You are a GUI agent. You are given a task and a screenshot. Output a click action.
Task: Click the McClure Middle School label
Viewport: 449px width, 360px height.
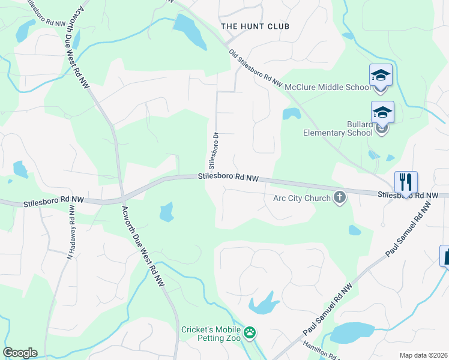[x=327, y=87]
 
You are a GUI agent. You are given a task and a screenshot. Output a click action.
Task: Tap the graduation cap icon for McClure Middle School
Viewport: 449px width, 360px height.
[x=381, y=76]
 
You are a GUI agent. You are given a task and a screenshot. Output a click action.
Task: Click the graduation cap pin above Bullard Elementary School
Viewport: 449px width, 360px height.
[x=382, y=113]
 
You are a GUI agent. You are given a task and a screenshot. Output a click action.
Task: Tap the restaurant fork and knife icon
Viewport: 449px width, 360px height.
[x=406, y=182]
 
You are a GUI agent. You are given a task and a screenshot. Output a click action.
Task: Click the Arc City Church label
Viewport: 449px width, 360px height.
[x=301, y=199]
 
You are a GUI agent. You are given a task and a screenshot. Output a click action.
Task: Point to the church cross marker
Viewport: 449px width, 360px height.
[x=340, y=197]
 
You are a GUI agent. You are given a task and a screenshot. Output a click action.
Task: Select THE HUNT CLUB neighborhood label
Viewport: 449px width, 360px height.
[x=255, y=26]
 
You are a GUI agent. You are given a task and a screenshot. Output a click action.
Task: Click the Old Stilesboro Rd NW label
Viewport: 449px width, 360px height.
[x=255, y=70]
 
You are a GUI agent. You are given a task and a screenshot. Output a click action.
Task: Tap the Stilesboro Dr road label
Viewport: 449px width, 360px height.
[x=212, y=151]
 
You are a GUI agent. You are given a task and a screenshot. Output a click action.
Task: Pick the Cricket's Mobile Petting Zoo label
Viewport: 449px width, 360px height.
[x=211, y=335]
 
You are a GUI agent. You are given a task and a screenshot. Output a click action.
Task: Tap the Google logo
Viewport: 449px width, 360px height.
[x=20, y=353]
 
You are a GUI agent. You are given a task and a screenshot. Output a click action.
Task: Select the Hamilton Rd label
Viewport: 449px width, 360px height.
[x=317, y=351]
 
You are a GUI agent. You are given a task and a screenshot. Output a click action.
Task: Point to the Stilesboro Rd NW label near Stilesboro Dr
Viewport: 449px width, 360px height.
[x=228, y=178]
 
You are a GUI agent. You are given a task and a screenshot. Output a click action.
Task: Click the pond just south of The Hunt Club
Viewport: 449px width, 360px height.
[x=191, y=31]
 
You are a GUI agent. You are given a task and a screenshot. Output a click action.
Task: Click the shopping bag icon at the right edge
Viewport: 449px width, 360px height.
[x=445, y=256]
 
